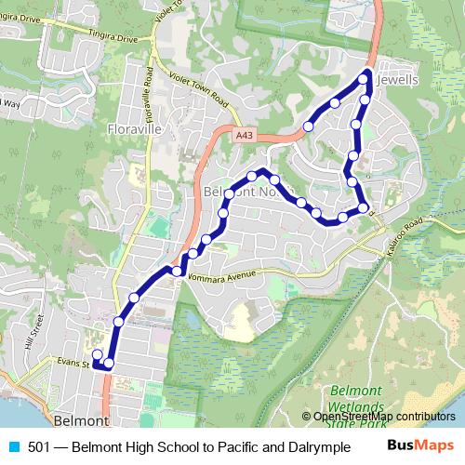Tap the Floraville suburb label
point(135,128)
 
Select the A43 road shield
point(244,136)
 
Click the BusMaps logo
point(421,446)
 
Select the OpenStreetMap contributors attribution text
point(383,417)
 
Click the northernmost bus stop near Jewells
point(365,81)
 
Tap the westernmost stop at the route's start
point(97,353)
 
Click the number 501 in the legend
point(39,447)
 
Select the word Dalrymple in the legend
point(305,447)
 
